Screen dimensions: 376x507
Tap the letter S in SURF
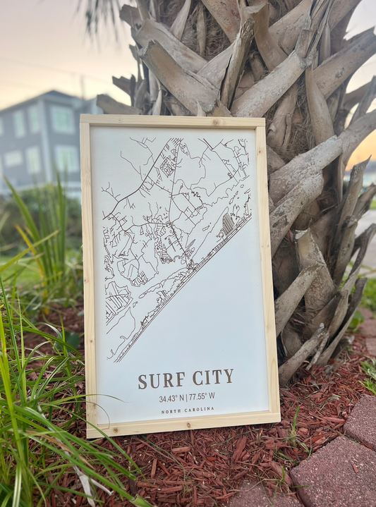pyautogui.click(x=142, y=381)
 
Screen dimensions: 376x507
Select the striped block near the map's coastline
pyautogui.click(x=227, y=224)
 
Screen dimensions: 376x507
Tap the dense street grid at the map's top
pyautogui.click(x=169, y=162)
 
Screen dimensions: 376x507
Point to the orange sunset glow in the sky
pyautogui.click(x=364, y=149)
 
